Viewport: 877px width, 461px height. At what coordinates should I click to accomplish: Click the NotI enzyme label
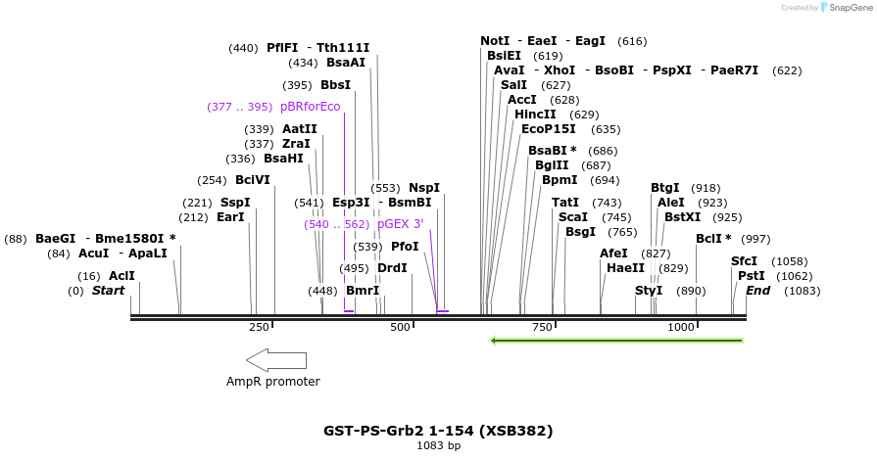(x=495, y=41)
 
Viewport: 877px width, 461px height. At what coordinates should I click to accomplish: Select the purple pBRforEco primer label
(x=310, y=107)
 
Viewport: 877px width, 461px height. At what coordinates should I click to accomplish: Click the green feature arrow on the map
(x=615, y=341)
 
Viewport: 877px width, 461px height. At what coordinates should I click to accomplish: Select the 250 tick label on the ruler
(x=259, y=327)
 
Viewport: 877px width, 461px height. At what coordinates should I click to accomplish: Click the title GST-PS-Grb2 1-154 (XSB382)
(x=438, y=431)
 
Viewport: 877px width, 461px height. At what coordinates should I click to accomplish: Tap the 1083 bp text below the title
(x=438, y=446)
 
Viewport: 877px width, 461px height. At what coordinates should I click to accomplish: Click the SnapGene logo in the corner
(x=845, y=8)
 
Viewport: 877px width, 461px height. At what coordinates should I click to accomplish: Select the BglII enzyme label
(x=552, y=165)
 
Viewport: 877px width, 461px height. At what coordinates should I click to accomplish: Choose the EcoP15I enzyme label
(x=549, y=129)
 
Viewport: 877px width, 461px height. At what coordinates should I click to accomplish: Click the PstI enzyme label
(x=751, y=276)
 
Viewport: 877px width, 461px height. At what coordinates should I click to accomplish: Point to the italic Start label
(x=109, y=291)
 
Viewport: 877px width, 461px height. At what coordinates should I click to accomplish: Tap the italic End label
(x=757, y=291)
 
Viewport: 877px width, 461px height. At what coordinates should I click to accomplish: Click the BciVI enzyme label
(x=252, y=180)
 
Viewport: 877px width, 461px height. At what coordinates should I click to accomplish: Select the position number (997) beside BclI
(x=755, y=239)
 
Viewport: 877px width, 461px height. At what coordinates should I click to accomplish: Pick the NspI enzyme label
(x=424, y=188)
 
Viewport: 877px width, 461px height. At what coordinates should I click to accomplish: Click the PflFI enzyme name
(x=281, y=48)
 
